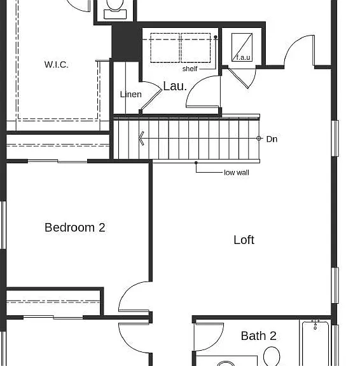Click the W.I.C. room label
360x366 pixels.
[57, 65]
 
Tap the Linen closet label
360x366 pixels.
[130, 94]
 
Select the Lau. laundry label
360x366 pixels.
[175, 86]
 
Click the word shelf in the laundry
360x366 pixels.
[190, 69]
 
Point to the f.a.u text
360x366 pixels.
[243, 57]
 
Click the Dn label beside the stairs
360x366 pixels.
[272, 139]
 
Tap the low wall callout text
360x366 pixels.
[237, 172]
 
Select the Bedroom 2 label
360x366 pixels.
[75, 227]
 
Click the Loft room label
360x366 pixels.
[244, 240]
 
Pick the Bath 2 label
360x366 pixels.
[259, 336]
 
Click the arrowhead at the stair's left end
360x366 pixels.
[141, 139]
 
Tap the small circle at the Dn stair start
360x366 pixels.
[259, 138]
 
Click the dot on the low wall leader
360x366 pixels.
[196, 163]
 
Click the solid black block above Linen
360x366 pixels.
[127, 42]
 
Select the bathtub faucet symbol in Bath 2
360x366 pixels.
[315, 325]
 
